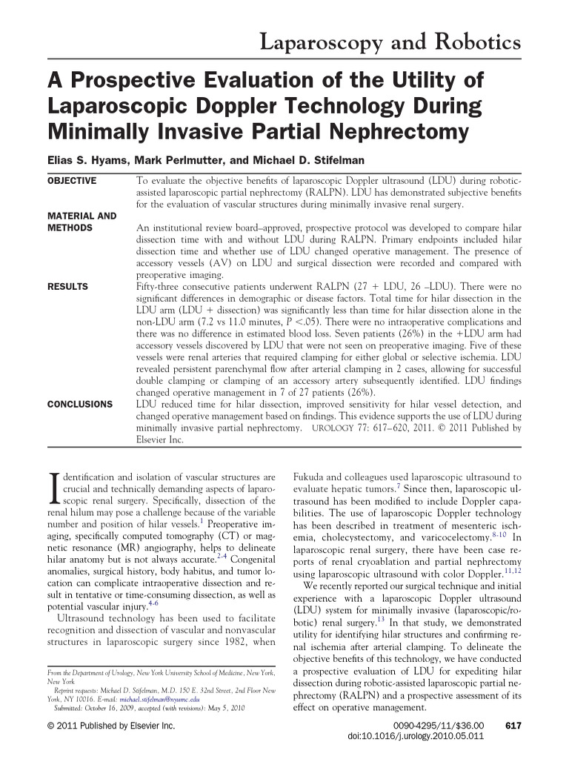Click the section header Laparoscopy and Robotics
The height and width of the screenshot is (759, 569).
point(390,42)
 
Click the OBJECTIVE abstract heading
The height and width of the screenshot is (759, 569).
point(72,181)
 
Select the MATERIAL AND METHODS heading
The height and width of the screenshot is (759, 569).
point(81,222)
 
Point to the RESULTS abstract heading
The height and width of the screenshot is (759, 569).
point(67,286)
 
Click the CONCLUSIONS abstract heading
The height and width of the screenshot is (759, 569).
point(80,405)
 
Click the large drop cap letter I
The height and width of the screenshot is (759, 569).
point(53,490)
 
